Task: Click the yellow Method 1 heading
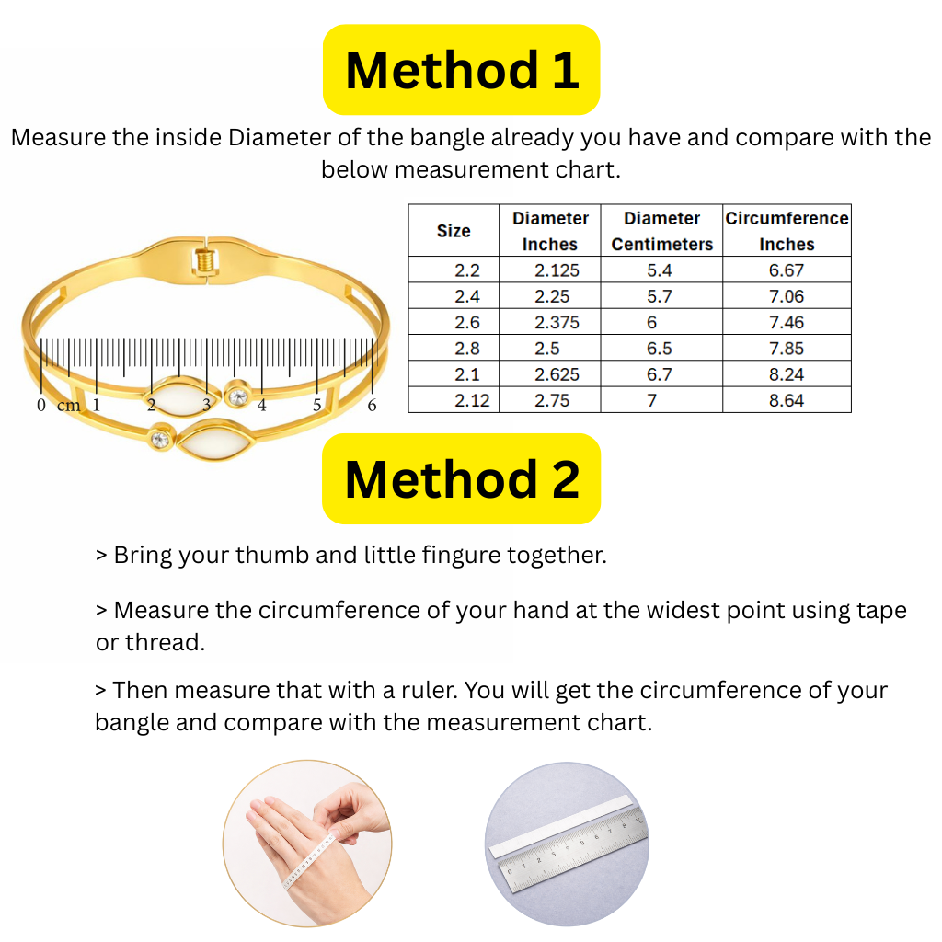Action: (461, 70)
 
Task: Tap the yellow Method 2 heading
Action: (461, 478)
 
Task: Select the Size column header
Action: (454, 231)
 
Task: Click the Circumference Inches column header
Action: (787, 231)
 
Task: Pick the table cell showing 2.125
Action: (550, 270)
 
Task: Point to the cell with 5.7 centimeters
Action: (660, 296)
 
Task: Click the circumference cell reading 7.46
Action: (787, 322)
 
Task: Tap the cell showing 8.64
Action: (787, 400)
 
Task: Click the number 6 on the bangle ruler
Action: (372, 406)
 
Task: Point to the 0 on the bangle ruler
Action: (41, 406)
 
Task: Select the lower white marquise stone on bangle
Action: (213, 444)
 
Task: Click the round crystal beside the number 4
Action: (237, 396)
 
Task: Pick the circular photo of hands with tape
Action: (306, 844)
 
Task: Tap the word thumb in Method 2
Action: (269, 556)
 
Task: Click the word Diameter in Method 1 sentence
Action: (279, 138)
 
